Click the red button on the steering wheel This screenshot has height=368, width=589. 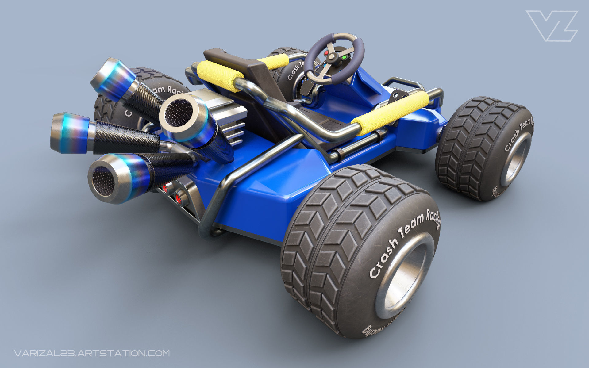(326, 53)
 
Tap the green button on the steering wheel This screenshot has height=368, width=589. (344, 57)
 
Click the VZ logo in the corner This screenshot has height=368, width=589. (551, 26)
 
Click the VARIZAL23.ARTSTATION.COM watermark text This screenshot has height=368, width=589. (92, 353)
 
